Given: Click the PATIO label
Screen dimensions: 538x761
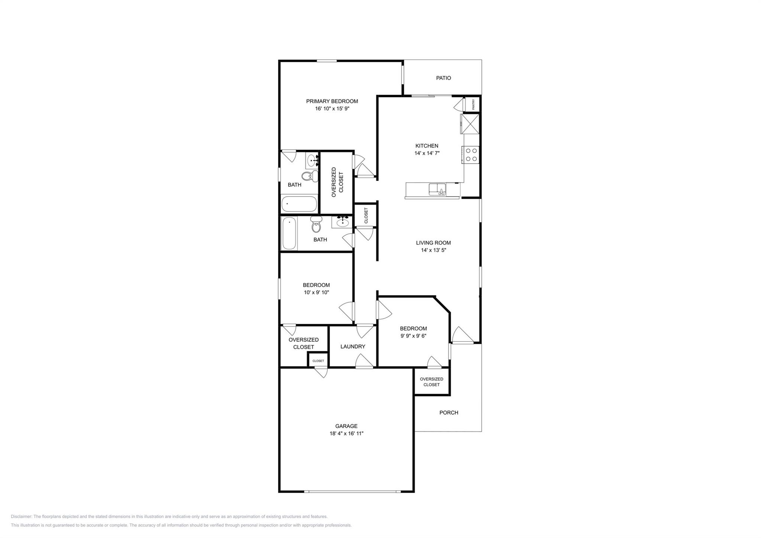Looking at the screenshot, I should (x=443, y=78).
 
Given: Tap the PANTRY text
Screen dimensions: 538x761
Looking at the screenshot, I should (x=473, y=104).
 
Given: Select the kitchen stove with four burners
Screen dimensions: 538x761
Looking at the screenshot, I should (x=471, y=155).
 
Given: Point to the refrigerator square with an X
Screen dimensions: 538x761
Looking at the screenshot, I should (x=470, y=124).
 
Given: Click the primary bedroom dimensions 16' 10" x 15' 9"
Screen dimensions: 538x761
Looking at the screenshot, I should (x=332, y=109).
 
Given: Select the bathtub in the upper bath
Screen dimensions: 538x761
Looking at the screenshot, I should (x=299, y=204).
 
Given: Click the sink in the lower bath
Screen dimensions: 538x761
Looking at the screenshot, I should (x=342, y=222).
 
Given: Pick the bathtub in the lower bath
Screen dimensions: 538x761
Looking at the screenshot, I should (x=289, y=234).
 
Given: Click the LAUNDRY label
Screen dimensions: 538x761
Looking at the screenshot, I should (x=353, y=347).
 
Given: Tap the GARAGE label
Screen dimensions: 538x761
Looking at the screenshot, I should (x=346, y=426).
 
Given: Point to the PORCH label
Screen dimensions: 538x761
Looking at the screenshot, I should (x=448, y=413).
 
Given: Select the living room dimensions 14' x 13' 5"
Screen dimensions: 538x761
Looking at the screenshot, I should (x=433, y=250).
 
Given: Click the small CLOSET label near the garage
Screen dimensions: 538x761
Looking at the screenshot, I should (x=318, y=361).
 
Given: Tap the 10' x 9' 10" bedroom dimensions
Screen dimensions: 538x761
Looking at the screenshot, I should (x=316, y=293).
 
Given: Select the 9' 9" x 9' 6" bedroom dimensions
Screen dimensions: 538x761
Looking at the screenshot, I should (x=413, y=336).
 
